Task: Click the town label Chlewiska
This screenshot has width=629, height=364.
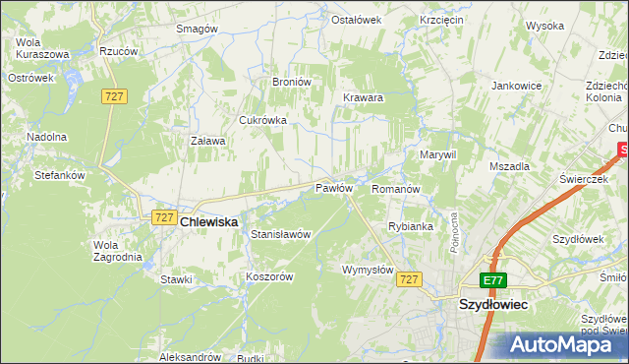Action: (x=209, y=223)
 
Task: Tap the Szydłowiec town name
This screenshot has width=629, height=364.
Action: (x=493, y=305)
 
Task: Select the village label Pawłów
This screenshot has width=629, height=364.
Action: (x=333, y=188)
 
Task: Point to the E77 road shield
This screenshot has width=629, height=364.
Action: (x=493, y=280)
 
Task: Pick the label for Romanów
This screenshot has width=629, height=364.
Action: (x=396, y=188)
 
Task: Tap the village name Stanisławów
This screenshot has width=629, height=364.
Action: (x=281, y=235)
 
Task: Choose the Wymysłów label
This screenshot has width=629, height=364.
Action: (x=368, y=270)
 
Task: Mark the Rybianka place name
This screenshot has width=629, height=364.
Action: (x=411, y=226)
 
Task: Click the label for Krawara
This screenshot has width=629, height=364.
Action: (x=363, y=98)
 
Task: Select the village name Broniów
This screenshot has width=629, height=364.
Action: (x=291, y=82)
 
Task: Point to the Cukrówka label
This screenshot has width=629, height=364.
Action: (x=263, y=120)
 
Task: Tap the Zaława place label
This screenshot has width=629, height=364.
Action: (x=207, y=141)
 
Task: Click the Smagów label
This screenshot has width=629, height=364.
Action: (x=196, y=30)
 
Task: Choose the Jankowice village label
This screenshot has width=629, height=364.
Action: (x=517, y=86)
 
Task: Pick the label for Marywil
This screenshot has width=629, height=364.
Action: (x=438, y=155)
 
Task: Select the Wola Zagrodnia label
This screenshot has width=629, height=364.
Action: (x=117, y=251)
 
